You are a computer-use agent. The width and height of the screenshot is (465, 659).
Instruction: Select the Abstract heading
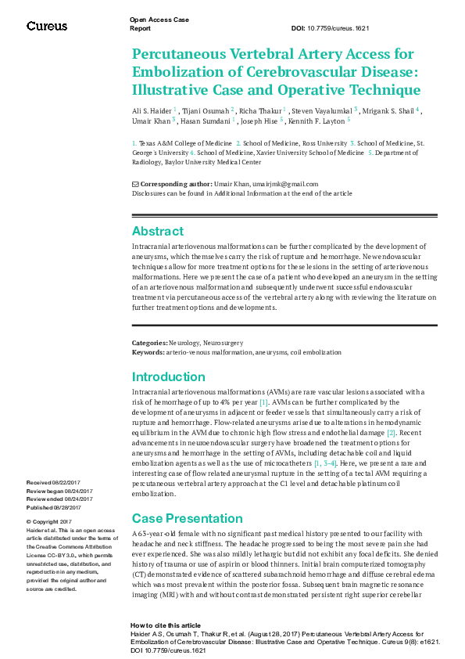click(x=158, y=231)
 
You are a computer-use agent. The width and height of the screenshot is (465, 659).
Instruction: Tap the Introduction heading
click(x=169, y=376)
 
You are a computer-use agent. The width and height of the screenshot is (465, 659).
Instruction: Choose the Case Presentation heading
click(x=187, y=518)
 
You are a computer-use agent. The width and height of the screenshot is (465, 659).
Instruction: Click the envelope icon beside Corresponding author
click(x=135, y=183)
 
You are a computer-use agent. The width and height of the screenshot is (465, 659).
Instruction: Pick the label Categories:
click(x=150, y=343)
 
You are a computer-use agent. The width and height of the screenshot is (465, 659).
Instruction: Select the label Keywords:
click(x=149, y=352)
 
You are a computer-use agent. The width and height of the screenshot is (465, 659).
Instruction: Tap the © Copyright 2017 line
click(x=49, y=521)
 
